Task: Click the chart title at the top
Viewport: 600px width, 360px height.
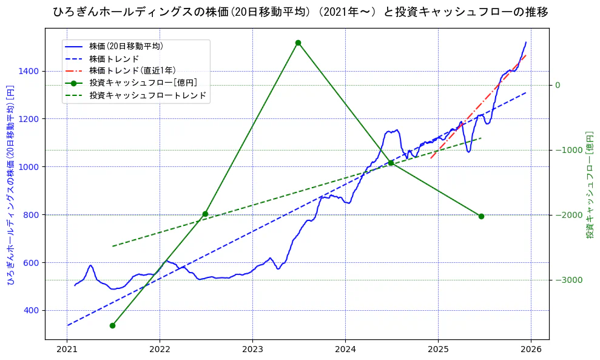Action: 300,12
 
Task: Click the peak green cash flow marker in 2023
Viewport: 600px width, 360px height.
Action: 298,42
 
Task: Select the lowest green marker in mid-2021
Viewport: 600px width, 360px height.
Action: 112,325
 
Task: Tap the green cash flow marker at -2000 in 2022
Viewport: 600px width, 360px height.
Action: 205,214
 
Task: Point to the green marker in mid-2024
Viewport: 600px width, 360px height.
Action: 391,163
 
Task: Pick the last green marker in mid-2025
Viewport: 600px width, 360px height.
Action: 481,216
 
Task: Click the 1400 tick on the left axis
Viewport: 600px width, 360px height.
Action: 29,71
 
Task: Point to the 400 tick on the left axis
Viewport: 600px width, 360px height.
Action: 32,310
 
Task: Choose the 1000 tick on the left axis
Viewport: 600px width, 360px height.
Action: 29,166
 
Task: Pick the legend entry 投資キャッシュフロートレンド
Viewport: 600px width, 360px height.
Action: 147,95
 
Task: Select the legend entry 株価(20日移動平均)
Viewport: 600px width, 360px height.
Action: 126,46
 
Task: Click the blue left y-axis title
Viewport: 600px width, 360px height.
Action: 10,185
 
